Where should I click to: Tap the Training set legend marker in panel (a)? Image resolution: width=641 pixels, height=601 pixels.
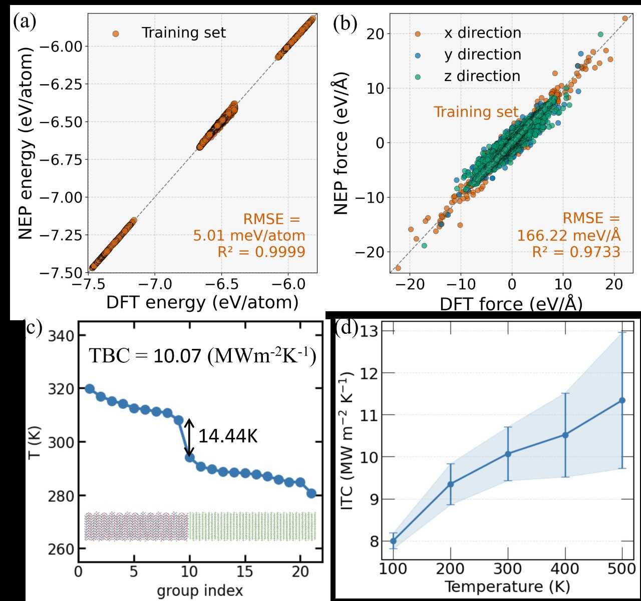116,34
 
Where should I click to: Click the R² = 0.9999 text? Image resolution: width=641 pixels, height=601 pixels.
261,251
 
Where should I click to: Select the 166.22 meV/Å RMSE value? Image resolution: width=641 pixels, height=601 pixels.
568,235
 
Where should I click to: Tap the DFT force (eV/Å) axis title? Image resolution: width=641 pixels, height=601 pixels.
511,304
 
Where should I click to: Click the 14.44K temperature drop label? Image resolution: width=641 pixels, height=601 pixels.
228,436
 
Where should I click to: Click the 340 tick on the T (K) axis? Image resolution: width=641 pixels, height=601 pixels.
61,336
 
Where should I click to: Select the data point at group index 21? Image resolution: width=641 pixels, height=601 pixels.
311,493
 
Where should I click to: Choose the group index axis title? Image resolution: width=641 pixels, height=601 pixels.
200,590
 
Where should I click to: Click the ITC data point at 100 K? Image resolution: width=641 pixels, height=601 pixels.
393,541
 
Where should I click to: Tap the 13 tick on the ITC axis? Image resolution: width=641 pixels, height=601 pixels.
370,332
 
